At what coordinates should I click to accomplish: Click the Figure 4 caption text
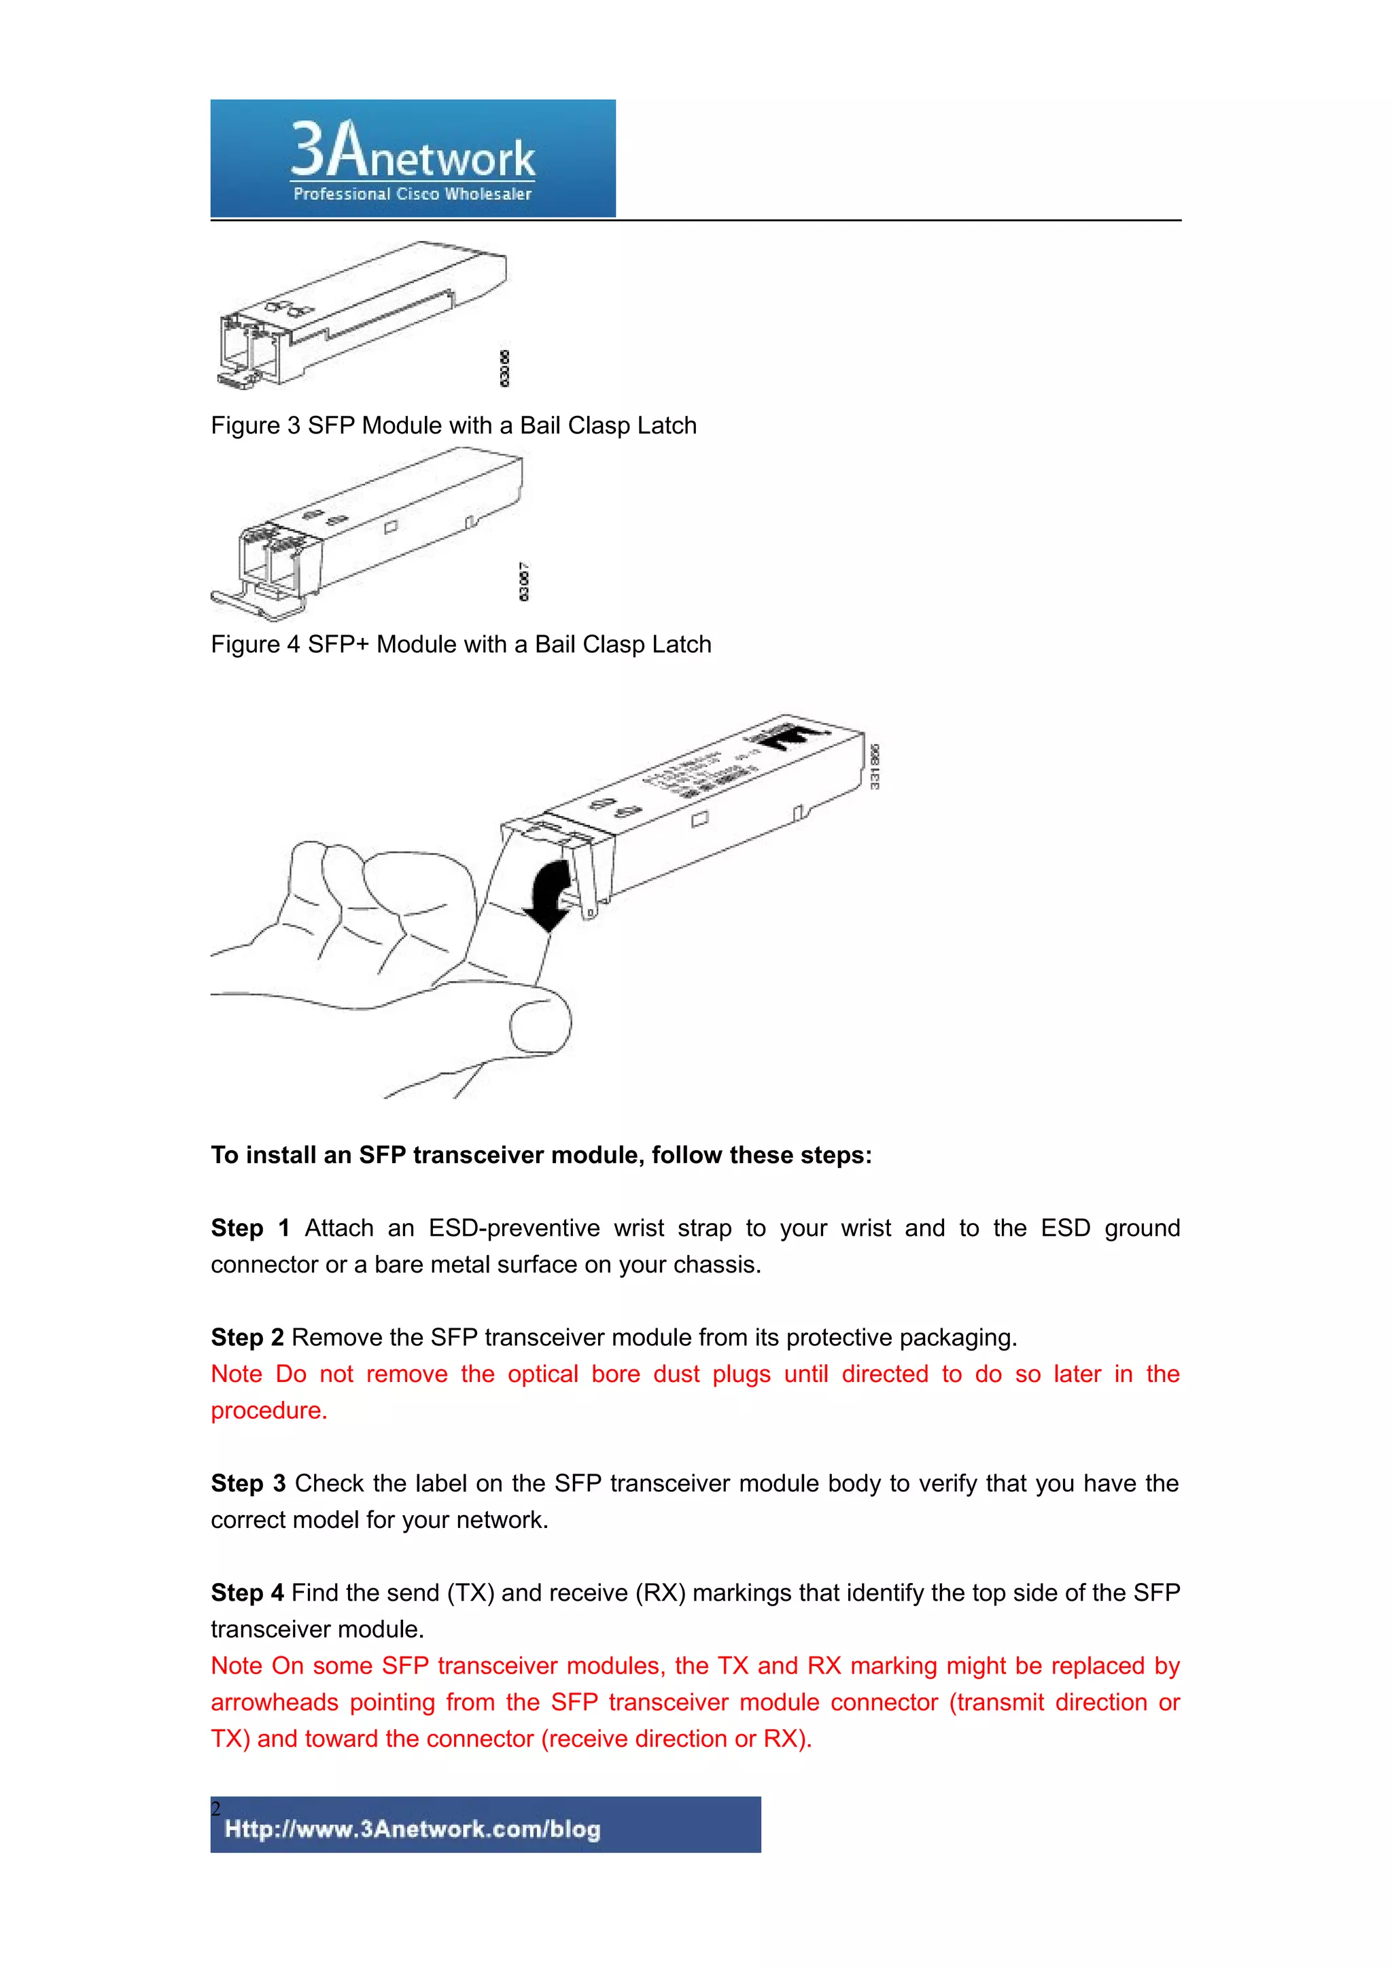[x=461, y=644]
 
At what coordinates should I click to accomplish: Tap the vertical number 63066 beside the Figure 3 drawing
[x=504, y=368]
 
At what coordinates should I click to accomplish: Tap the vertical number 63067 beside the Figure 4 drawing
[x=524, y=582]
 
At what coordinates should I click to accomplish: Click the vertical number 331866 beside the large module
[x=875, y=766]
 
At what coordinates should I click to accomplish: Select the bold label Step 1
[x=249, y=1228]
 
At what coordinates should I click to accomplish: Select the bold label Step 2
[x=247, y=1337]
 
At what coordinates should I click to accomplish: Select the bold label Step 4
[x=247, y=1593]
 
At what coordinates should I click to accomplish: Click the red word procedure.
[x=268, y=1411]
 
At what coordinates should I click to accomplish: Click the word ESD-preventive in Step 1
[x=514, y=1228]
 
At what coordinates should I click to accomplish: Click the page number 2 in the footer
[x=216, y=1809]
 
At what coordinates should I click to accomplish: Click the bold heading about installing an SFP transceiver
[x=541, y=1155]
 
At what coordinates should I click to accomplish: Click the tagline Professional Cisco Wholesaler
[x=413, y=194]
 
